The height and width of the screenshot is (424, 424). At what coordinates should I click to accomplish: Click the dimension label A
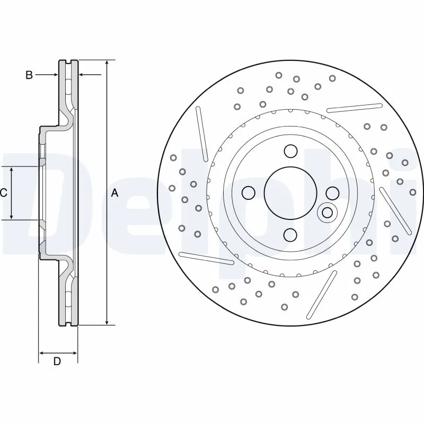coord(114,193)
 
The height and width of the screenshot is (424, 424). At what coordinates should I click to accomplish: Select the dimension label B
coord(29,75)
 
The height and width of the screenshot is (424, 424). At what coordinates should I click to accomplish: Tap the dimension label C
coord(4,193)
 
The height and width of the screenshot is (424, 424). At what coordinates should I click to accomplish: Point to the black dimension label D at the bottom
coord(57,361)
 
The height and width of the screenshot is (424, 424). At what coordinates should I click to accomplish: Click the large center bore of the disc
coord(290,192)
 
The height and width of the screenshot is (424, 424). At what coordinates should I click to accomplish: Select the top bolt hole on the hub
coord(290,151)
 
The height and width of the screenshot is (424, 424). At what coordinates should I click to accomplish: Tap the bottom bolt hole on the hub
coord(290,234)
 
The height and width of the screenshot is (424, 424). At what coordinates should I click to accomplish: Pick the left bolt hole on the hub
coord(249,192)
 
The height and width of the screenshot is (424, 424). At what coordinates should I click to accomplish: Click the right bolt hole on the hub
coord(332,192)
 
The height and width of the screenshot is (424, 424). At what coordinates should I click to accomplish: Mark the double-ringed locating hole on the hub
coord(328,213)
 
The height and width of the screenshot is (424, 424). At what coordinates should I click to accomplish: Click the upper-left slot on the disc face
coord(202,134)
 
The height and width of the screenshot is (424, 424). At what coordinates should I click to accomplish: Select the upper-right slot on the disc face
coord(355,108)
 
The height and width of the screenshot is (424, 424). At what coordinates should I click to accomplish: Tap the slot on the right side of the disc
coord(395,210)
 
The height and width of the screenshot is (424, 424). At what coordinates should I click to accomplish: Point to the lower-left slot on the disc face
coord(207,257)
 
